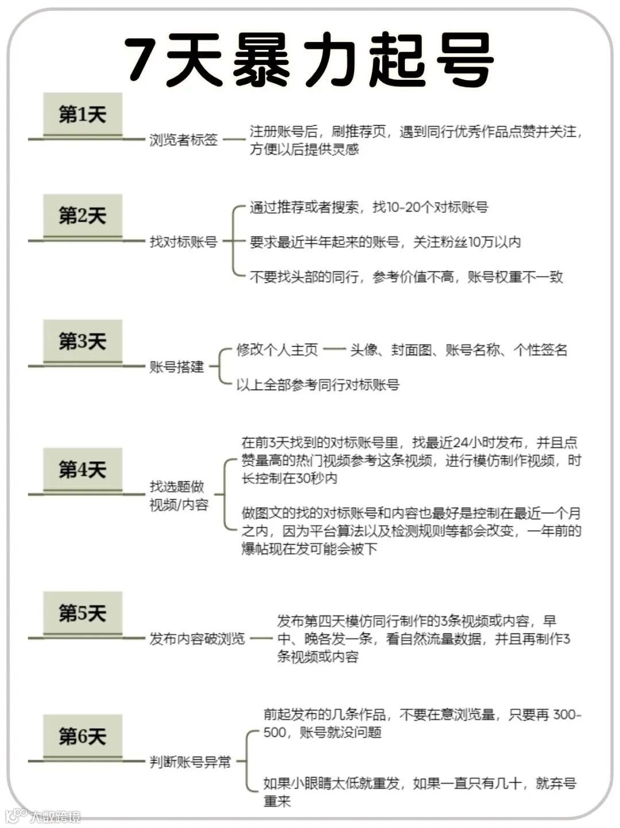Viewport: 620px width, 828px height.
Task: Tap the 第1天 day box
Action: point(83,114)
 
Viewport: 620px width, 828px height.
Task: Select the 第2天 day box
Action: point(83,216)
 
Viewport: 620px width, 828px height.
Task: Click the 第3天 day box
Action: point(83,341)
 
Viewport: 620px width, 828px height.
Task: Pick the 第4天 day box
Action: point(83,470)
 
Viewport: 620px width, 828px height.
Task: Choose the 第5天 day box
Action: point(83,613)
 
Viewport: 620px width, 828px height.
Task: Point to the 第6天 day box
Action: point(83,736)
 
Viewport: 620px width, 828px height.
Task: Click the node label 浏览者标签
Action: point(184,139)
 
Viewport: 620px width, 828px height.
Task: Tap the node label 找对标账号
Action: point(184,242)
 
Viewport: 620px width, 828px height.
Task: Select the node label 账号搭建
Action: point(177,367)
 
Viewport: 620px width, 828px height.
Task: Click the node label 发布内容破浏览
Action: point(197,639)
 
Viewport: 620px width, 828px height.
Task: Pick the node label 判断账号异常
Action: point(190,762)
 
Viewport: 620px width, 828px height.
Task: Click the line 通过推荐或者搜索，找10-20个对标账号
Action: point(369,207)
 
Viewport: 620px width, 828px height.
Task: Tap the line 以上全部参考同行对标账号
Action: point(317,384)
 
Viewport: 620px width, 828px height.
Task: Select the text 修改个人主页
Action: point(277,350)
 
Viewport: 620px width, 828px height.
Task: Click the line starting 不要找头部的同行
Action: point(406,277)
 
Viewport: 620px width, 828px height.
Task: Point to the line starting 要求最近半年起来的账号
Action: point(385,242)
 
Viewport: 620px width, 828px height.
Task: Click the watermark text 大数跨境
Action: point(55,816)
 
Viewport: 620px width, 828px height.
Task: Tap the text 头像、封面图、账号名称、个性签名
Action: point(459,350)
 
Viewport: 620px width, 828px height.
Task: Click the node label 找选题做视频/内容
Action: point(179,496)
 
